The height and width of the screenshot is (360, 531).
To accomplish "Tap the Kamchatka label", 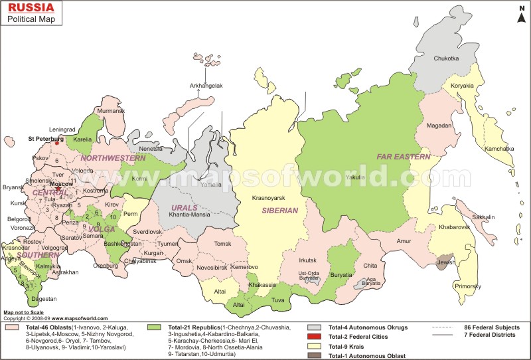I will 499,149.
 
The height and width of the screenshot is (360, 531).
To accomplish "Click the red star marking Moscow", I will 58,189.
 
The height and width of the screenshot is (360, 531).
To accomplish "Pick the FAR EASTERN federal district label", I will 404,157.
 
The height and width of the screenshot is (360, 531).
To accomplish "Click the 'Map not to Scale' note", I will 23,312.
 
